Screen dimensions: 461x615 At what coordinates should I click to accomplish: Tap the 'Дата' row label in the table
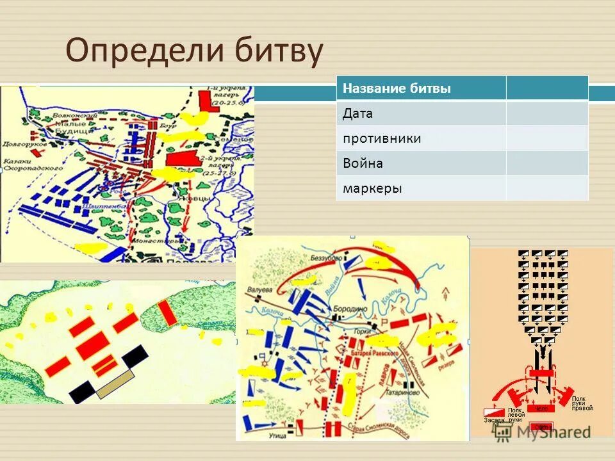[x=357, y=113]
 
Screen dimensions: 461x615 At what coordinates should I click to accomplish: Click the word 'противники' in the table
[x=381, y=138]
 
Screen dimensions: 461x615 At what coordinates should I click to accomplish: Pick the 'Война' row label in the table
[x=363, y=163]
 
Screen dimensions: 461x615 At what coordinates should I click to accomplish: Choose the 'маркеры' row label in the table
[x=372, y=188]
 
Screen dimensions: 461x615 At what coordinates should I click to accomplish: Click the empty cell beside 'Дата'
[x=546, y=113]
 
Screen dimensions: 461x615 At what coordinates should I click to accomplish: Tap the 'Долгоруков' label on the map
[x=19, y=144]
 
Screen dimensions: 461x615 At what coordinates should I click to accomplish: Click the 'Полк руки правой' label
[x=582, y=403]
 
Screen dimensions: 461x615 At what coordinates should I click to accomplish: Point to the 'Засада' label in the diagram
[x=494, y=421]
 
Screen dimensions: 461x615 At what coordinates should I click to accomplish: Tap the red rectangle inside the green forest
[x=167, y=312]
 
